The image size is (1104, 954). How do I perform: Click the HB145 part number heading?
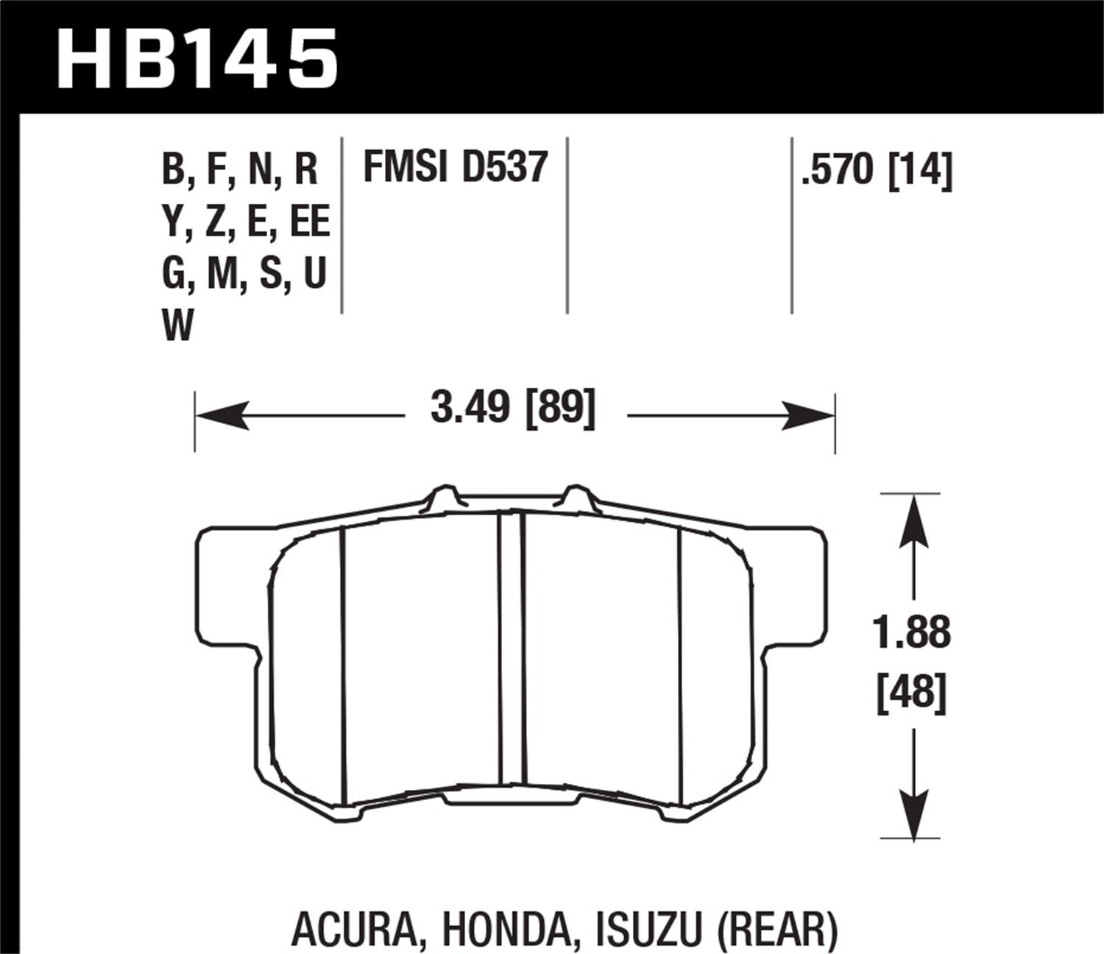[197, 57]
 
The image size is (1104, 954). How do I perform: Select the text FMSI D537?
[456, 167]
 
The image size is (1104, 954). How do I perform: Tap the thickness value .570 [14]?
[877, 171]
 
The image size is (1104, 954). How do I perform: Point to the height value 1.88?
[912, 633]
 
